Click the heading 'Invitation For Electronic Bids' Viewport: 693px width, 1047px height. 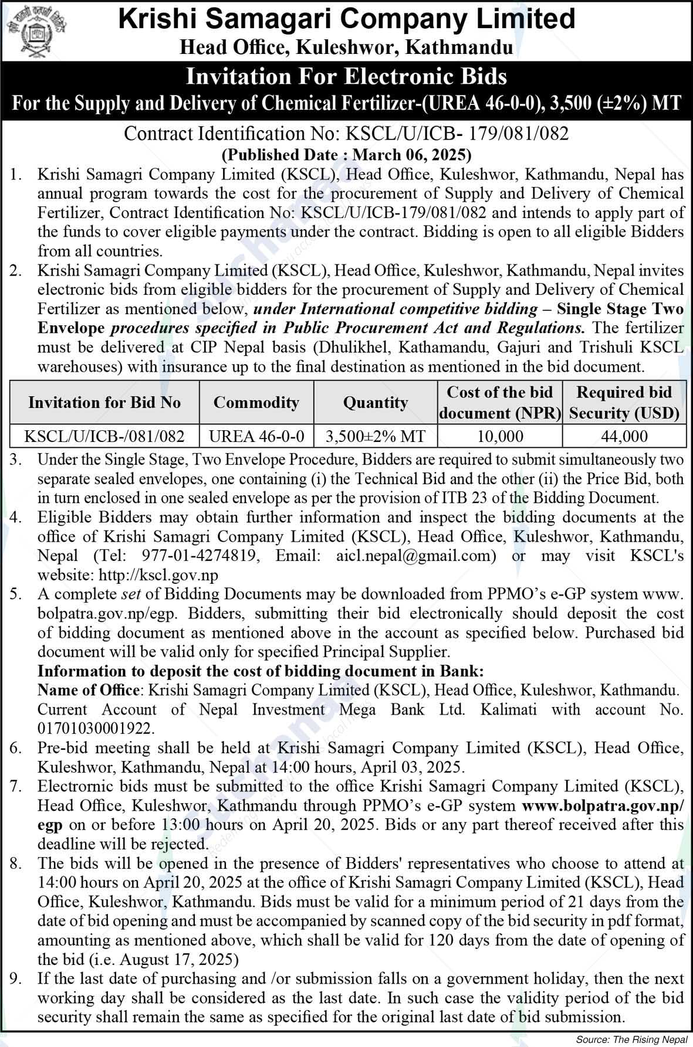346,77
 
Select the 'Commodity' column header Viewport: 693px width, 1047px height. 256,402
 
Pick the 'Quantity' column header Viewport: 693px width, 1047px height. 376,402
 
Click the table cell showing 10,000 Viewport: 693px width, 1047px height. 499,436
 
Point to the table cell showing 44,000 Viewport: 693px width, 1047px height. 624,436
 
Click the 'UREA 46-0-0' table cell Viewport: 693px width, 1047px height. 256,436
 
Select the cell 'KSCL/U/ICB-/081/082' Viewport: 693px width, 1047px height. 104,436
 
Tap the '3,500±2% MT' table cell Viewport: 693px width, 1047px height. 376,436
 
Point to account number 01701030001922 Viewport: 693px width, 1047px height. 96,729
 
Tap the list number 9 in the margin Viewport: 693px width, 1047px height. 16,978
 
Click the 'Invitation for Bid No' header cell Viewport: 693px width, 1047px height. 104,402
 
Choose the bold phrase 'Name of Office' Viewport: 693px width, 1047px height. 89,690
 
